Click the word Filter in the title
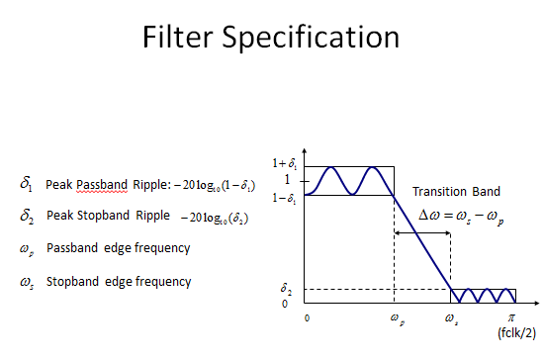177,37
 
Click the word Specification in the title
311,38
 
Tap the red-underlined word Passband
102,185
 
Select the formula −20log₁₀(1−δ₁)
215,185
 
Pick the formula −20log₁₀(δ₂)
215,218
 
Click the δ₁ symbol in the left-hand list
27,184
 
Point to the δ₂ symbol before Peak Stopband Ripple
27,216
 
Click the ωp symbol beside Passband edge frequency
27,249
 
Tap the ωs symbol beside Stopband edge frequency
27,283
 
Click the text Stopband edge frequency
119,282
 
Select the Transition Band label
456,191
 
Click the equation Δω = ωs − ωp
461,217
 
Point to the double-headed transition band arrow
422,233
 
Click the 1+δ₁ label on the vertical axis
285,163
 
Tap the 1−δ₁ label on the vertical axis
284,198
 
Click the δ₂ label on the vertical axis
286,289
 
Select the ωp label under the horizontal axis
398,318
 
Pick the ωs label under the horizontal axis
451,318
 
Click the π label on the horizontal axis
511,317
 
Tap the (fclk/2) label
516,333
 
